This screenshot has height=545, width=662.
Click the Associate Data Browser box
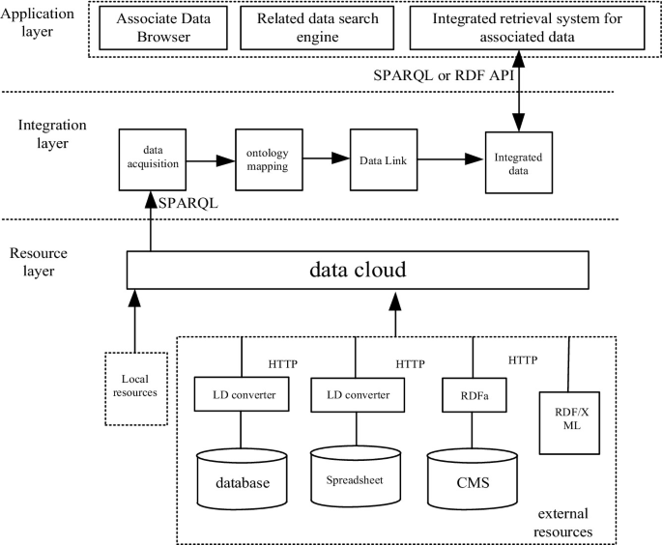[163, 28]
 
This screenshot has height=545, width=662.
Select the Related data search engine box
[317, 28]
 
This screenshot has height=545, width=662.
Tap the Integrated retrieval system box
[528, 28]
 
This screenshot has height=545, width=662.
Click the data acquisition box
[153, 159]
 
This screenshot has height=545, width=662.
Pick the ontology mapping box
[269, 159]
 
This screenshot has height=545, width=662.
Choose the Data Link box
[384, 159]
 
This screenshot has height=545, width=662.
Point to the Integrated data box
[519, 162]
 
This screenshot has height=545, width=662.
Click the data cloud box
[358, 271]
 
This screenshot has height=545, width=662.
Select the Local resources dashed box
[136, 388]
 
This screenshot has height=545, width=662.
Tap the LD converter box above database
[242, 394]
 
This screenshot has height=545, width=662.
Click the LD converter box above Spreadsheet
[358, 394]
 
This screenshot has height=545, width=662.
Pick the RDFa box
[475, 394]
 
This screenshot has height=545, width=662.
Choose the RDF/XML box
[569, 423]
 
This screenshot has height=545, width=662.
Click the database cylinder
[243, 479]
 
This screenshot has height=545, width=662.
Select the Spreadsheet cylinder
[356, 476]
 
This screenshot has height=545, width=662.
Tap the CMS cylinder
[473, 479]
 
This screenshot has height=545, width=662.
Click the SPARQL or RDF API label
[444, 75]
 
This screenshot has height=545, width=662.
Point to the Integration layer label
[52, 133]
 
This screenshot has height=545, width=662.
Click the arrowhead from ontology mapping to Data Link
[340, 158]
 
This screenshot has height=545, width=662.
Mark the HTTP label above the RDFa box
[523, 360]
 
